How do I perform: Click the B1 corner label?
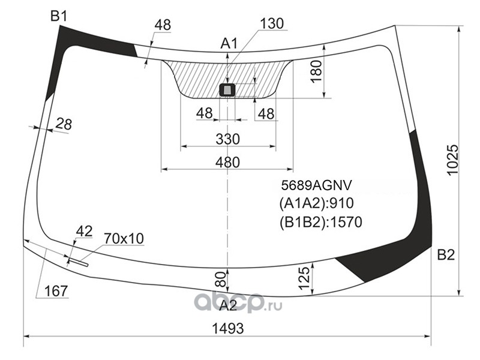[58, 16]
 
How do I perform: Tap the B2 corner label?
[446, 254]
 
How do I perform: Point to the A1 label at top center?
[229, 44]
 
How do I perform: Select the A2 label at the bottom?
[229, 305]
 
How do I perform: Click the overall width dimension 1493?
[228, 328]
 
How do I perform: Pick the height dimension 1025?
[453, 160]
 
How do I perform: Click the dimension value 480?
[227, 162]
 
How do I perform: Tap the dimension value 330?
[228, 139]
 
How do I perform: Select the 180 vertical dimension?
[317, 71]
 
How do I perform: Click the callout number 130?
[272, 23]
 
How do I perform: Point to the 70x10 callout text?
[124, 238]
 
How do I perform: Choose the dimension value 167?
[56, 291]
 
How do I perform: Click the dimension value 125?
[304, 278]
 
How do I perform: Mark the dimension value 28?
[64, 124]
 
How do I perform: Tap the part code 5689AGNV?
[317, 185]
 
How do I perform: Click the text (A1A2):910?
[317, 203]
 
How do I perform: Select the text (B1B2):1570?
[320, 222]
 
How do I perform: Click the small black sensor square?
[227, 91]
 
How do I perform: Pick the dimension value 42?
[84, 231]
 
